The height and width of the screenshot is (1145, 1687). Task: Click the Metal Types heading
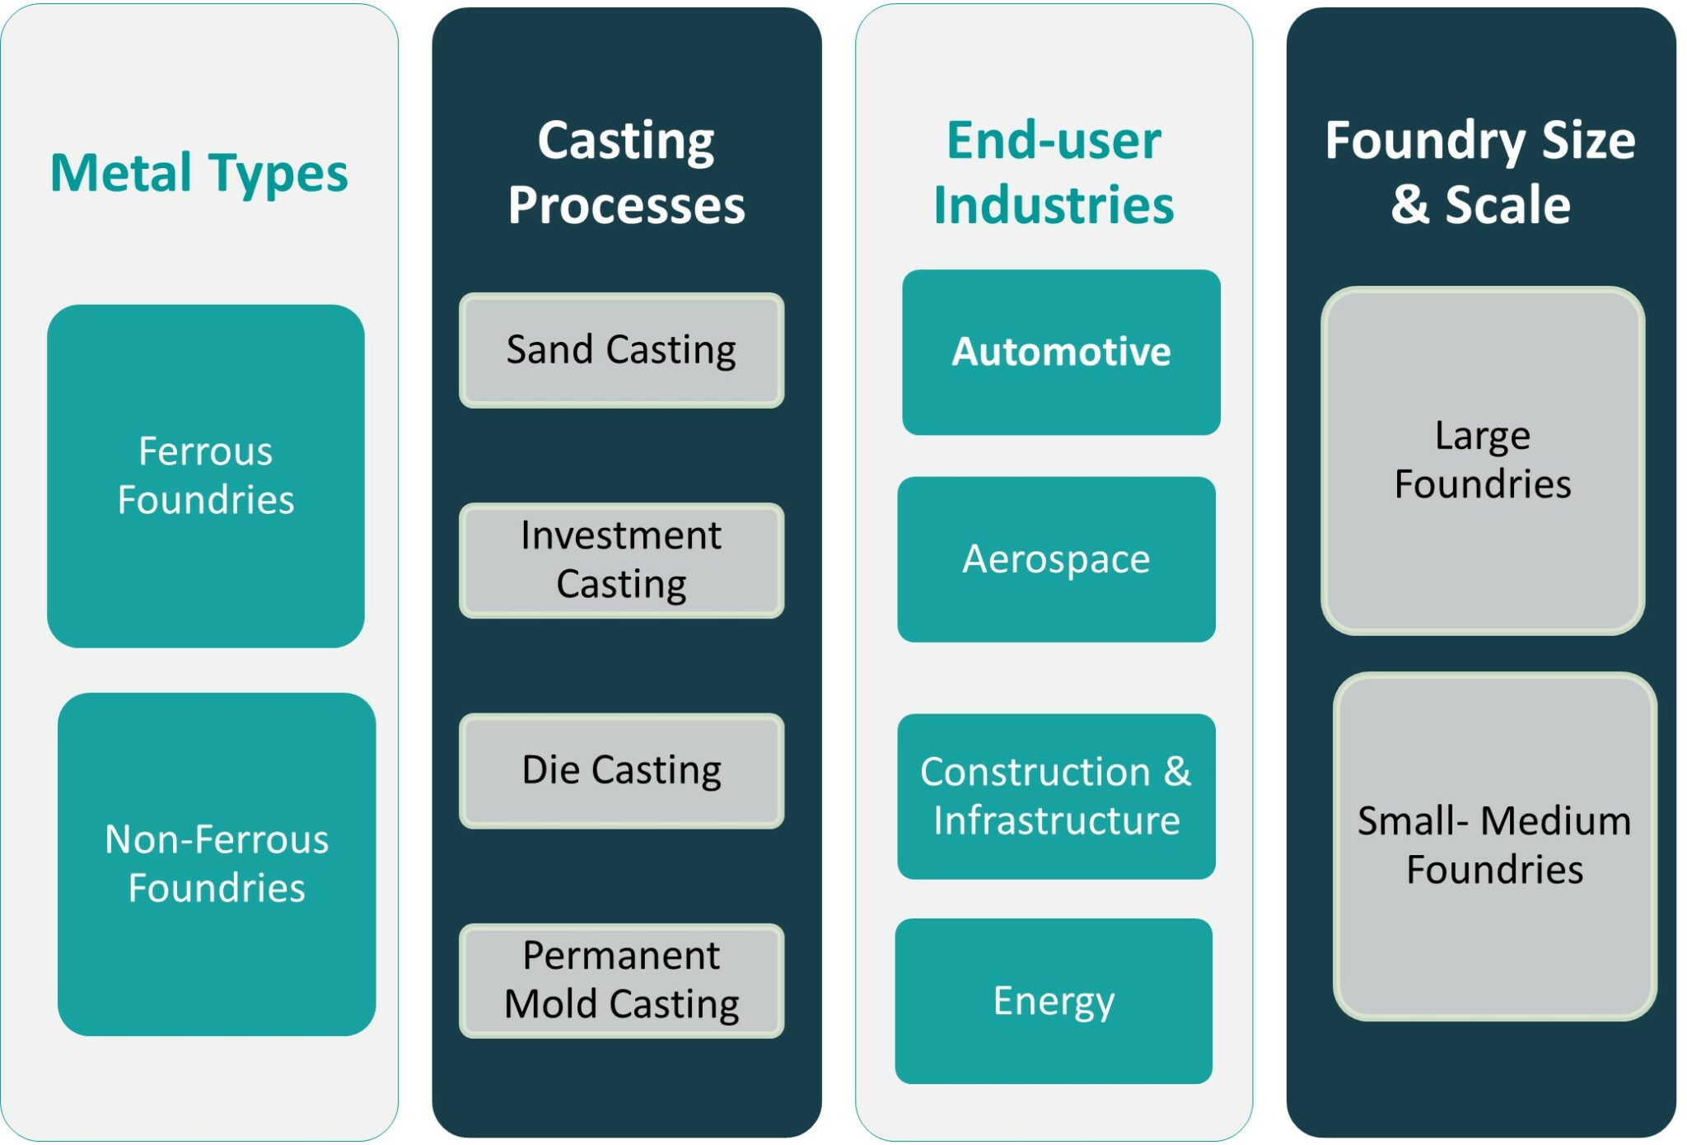[x=199, y=174]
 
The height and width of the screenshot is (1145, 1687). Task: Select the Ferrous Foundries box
[x=206, y=476]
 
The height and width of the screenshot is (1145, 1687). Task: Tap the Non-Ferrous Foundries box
[x=217, y=864]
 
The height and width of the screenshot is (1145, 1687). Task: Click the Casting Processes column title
[x=626, y=172]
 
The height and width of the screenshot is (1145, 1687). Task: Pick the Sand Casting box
[x=621, y=350]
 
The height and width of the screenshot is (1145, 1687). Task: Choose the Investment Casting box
[x=621, y=560]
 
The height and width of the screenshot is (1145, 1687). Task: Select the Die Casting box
[x=621, y=771]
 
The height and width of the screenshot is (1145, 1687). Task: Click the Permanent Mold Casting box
[x=621, y=980]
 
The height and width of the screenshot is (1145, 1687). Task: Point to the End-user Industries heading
[x=1054, y=172]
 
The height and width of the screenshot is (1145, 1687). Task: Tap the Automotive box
[x=1061, y=353]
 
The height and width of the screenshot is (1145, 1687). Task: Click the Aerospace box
[x=1056, y=559]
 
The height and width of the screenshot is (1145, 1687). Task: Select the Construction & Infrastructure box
[x=1056, y=797]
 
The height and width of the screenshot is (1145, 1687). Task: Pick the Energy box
[x=1054, y=1001]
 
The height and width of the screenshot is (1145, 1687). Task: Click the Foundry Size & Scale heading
[x=1480, y=172]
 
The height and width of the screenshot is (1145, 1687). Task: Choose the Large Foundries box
[x=1483, y=460]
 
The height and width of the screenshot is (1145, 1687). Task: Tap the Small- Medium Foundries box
[x=1494, y=846]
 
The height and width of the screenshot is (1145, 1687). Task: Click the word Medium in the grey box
[x=1555, y=821]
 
